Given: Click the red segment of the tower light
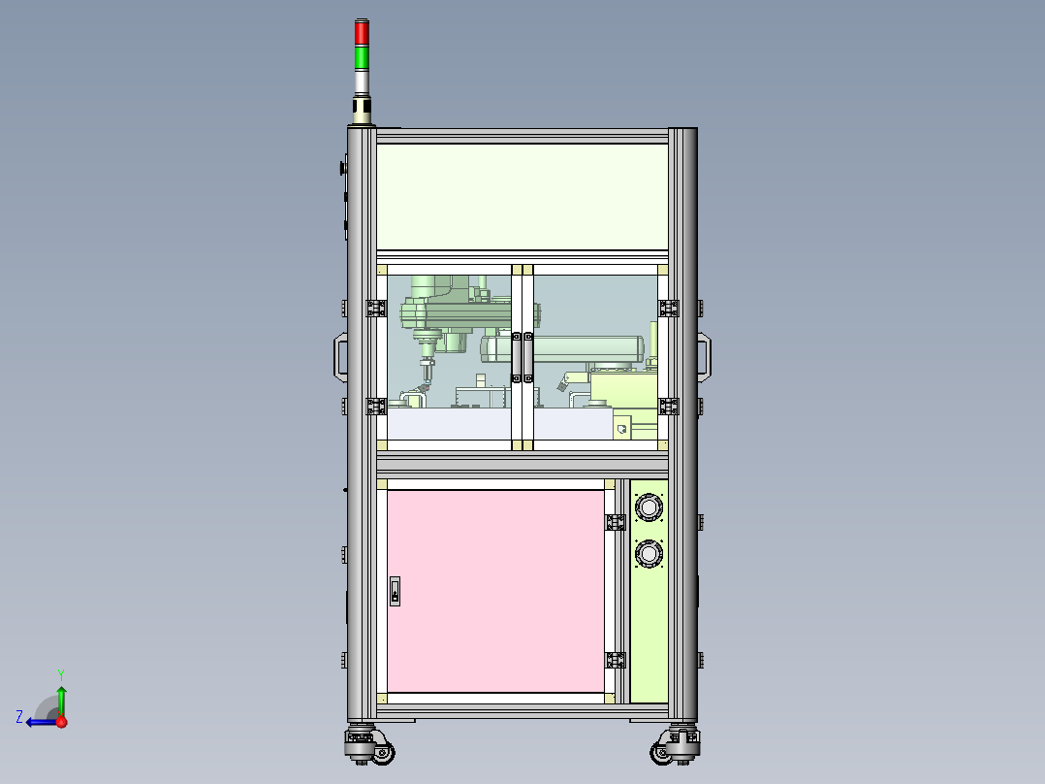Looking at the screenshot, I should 362,33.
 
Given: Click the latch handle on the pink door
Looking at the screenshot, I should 395,591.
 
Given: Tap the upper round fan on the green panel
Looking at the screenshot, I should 648,507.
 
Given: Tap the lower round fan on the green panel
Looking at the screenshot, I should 648,554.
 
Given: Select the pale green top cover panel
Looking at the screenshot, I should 522,197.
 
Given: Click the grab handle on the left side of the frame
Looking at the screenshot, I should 340,357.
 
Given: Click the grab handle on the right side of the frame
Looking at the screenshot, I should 705,357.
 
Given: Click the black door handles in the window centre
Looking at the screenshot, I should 522,357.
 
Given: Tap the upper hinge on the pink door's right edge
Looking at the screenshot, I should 614,522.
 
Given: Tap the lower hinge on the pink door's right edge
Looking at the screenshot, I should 614,661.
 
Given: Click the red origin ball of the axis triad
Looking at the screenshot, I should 61,722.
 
